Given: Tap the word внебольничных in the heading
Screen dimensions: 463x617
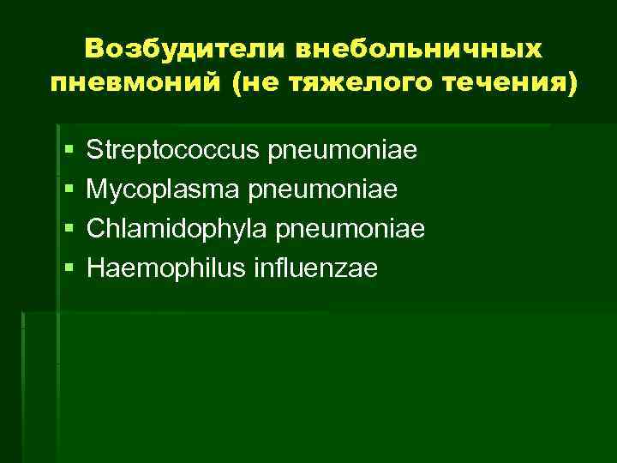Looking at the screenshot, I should pyautogui.click(x=419, y=49).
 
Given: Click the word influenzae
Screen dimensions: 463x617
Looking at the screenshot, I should pyautogui.click(x=314, y=268).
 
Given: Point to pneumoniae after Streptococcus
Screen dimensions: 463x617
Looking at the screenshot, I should pyautogui.click(x=343, y=152).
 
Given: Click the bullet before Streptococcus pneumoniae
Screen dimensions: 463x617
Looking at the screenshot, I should pyautogui.click(x=69, y=152).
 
